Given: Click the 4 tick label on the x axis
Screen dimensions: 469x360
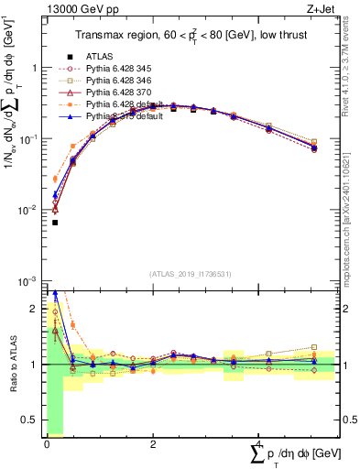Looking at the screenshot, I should click(x=258, y=445).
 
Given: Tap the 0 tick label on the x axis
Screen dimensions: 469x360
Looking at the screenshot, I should click(x=47, y=445).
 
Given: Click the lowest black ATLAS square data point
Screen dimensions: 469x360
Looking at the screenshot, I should click(x=55, y=223).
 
